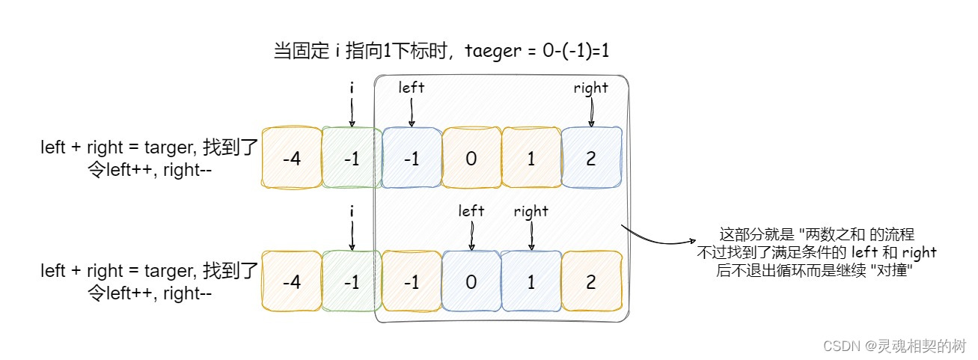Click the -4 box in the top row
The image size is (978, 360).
pos(292,158)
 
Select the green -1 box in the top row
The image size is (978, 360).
pos(352,158)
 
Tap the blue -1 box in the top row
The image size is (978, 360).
pos(412,158)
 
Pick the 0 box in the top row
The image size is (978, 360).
pos(471,158)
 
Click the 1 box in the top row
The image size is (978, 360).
pos(531,158)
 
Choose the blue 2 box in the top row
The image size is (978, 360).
pos(591,158)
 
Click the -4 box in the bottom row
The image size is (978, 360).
pos(292,281)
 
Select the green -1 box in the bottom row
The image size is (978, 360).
pos(352,281)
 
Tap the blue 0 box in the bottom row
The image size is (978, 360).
pos(471,281)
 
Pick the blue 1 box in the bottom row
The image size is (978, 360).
pos(531,281)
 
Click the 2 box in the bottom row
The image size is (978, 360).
pos(591,281)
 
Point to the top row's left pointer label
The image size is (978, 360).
pos(412,88)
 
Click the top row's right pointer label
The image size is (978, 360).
pos(591,88)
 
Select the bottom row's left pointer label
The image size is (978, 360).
pos(471,211)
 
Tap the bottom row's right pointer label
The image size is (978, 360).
pos(531,212)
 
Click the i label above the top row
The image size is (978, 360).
pos(352,88)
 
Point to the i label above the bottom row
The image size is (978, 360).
pos(352,212)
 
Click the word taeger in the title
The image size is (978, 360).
pos(491,51)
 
